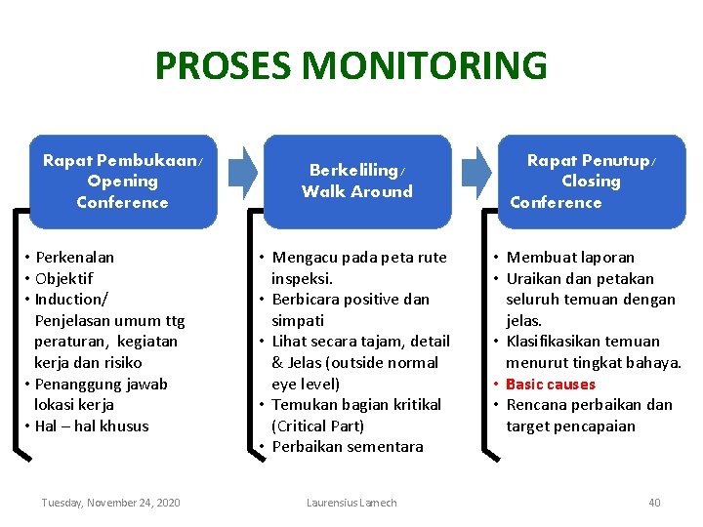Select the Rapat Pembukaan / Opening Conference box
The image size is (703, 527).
pyautogui.click(x=122, y=182)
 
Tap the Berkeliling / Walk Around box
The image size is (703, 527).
pyautogui.click(x=357, y=182)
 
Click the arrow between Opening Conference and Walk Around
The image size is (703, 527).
pyautogui.click(x=242, y=170)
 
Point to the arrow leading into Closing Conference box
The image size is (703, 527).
pyautogui.click(x=476, y=170)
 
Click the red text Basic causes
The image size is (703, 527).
pyautogui.click(x=550, y=384)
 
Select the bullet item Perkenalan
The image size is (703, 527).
pyautogui.click(x=74, y=258)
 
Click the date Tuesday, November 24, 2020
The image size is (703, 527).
pyautogui.click(x=110, y=503)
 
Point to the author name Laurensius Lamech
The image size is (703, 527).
pyautogui.click(x=351, y=503)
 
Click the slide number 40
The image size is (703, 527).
pyautogui.click(x=654, y=503)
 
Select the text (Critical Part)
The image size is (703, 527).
pyautogui.click(x=317, y=426)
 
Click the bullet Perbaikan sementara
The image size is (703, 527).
pyautogui.click(x=347, y=447)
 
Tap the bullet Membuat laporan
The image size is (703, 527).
pyautogui.click(x=570, y=258)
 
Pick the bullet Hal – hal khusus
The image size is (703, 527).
pyautogui.click(x=92, y=426)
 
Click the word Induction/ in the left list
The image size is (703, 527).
pyautogui.click(x=71, y=300)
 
